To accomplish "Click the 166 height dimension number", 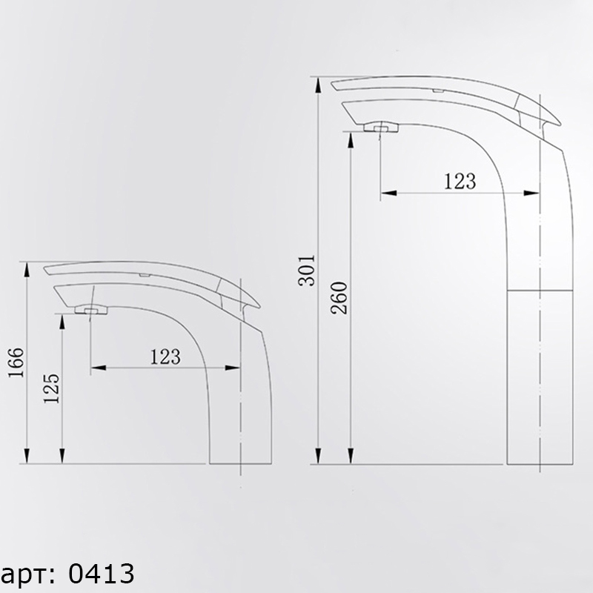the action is [x=16, y=362].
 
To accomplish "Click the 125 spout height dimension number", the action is [x=52, y=388].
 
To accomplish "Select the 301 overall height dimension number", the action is [x=307, y=271].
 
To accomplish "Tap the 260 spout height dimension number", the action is [x=339, y=298].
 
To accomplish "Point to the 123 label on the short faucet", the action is [x=165, y=357].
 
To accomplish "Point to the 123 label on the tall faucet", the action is [x=460, y=181].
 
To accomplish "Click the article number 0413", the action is [x=102, y=573].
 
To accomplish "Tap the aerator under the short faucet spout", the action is [x=91, y=310].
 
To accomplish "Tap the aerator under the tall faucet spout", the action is [x=381, y=127].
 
